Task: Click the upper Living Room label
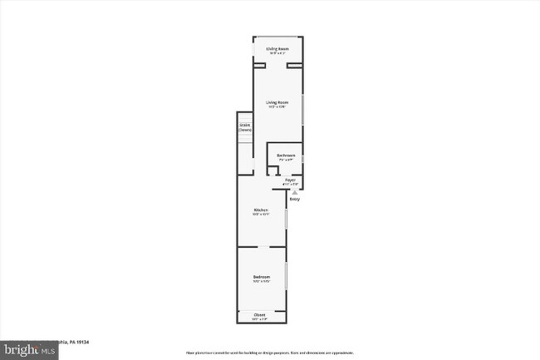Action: [277, 49]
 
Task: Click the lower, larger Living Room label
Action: [277, 102]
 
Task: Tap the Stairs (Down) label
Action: [244, 128]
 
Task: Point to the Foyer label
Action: [290, 180]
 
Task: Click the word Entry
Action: [294, 199]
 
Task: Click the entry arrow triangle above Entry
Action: [293, 191]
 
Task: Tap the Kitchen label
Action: [261, 210]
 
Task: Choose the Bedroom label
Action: [262, 277]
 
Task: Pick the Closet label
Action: [260, 315]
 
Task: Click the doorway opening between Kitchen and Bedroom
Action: [260, 247]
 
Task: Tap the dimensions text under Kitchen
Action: [261, 215]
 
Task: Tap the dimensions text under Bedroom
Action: [262, 282]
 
